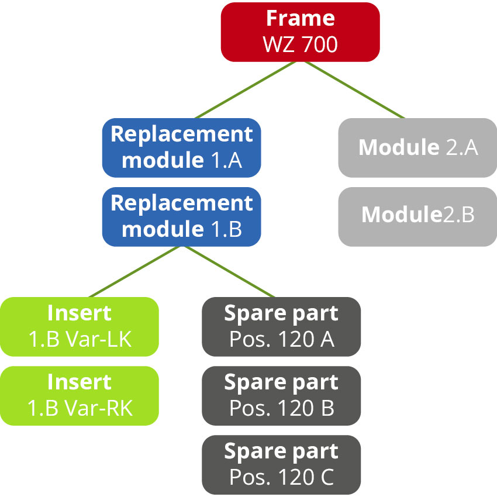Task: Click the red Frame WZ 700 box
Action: pyautogui.click(x=300, y=32)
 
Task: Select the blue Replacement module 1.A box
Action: pyautogui.click(x=181, y=147)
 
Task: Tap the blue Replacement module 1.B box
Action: pyautogui.click(x=181, y=216)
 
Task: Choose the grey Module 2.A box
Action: pyautogui.click(x=417, y=147)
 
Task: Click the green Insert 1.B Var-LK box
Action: pyautogui.click(x=79, y=326)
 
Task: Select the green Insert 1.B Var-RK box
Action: pyautogui.click(x=79, y=395)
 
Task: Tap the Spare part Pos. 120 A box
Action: pyautogui.click(x=281, y=326)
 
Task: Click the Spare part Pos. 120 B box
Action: pyautogui.click(x=281, y=395)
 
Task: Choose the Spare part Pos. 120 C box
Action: pyautogui.click(x=281, y=464)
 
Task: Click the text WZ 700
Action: pyautogui.click(x=300, y=44)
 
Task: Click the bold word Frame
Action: pyautogui.click(x=300, y=19)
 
